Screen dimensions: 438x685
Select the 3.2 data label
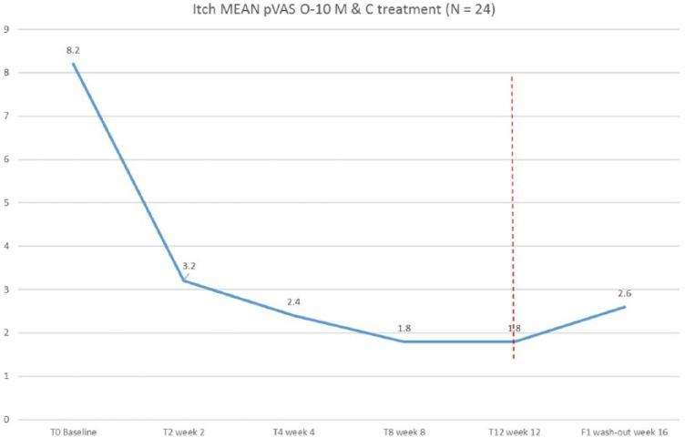coord(189,267)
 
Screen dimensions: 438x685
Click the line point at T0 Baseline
coord(74,64)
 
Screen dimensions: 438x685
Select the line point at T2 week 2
coord(184,280)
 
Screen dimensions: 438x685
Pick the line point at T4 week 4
coord(294,315)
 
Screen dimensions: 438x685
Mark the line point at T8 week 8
coord(404,341)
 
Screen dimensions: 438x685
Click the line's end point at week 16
coord(625,307)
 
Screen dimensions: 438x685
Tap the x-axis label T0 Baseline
coord(74,430)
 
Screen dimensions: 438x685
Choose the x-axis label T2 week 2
coord(184,430)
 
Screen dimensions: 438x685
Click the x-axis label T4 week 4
coord(294,430)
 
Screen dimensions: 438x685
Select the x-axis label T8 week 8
coord(404,430)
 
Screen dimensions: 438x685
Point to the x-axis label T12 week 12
coord(515,430)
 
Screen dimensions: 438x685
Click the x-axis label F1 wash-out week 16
coord(625,430)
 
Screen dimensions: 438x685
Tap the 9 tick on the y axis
coord(7,29)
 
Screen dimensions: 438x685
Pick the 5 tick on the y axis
coord(7,203)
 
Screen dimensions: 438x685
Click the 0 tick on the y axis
coord(7,420)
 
